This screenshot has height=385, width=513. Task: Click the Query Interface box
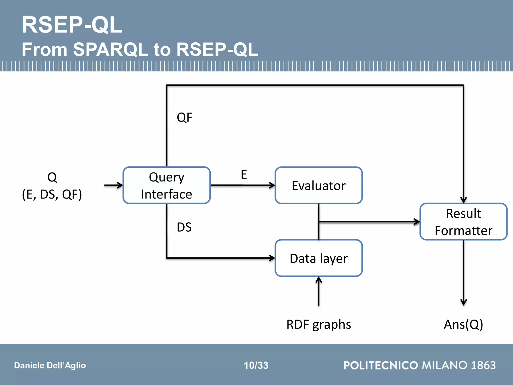(x=167, y=185)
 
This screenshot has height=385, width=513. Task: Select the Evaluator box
(x=319, y=185)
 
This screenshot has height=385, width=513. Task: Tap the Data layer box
(x=319, y=258)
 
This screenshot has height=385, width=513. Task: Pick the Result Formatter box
(x=463, y=222)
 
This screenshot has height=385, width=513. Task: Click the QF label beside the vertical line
(x=185, y=117)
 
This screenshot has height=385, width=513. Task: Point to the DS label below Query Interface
(x=184, y=227)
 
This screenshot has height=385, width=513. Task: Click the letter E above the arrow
(x=244, y=174)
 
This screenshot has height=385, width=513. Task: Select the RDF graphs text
(x=319, y=324)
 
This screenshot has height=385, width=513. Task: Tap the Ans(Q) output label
(x=463, y=324)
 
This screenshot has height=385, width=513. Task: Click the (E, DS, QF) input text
(x=52, y=194)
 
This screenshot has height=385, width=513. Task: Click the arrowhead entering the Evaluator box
(x=272, y=185)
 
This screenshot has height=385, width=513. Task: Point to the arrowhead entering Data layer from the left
(x=272, y=258)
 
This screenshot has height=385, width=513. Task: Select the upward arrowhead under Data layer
(x=319, y=280)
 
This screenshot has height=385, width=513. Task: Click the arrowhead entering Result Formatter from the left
(x=417, y=222)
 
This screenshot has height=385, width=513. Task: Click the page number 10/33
(x=256, y=365)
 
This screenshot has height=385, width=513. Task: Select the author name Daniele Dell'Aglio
(x=50, y=365)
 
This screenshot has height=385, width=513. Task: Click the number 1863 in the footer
(x=483, y=365)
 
